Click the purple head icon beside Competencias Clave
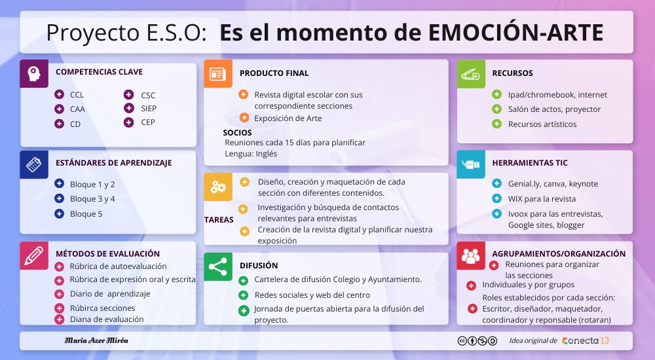[34, 74]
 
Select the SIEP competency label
[149, 109]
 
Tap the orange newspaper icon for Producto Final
[218, 74]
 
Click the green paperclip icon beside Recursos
[471, 74]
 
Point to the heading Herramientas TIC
[530, 163]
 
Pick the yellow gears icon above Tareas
[218, 187]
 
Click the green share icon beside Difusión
[218, 267]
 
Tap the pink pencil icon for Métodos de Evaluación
[34, 255]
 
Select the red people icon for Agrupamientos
[471, 255]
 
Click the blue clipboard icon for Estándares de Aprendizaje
[34, 164]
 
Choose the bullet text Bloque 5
[86, 214]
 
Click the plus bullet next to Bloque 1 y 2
[60, 183]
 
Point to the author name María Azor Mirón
[96, 340]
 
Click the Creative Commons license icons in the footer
[477, 341]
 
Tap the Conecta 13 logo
[586, 341]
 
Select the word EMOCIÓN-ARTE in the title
[516, 33]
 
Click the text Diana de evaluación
[107, 319]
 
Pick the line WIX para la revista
[542, 199]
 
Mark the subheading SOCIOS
[237, 133]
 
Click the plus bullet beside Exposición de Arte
[244, 118]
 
